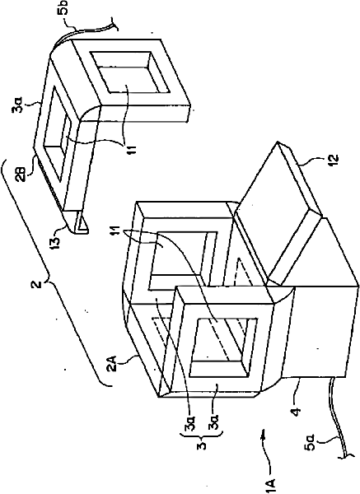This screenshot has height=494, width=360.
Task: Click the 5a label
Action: click(310, 445)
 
